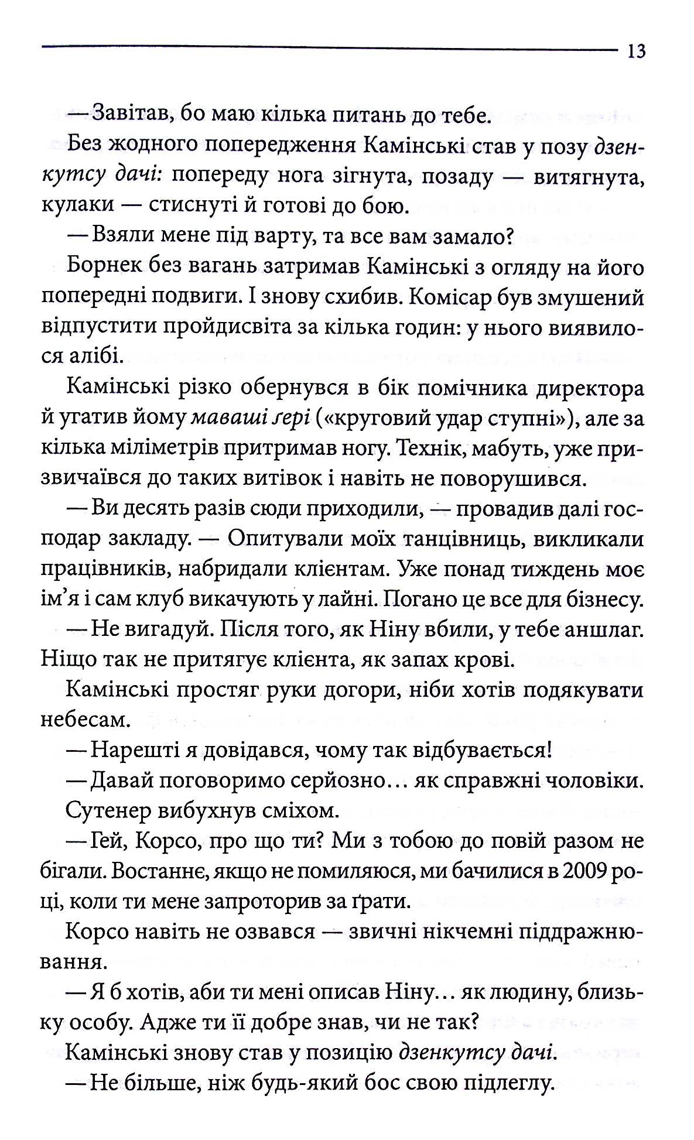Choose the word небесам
[x=84, y=720]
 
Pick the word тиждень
[x=562, y=570]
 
